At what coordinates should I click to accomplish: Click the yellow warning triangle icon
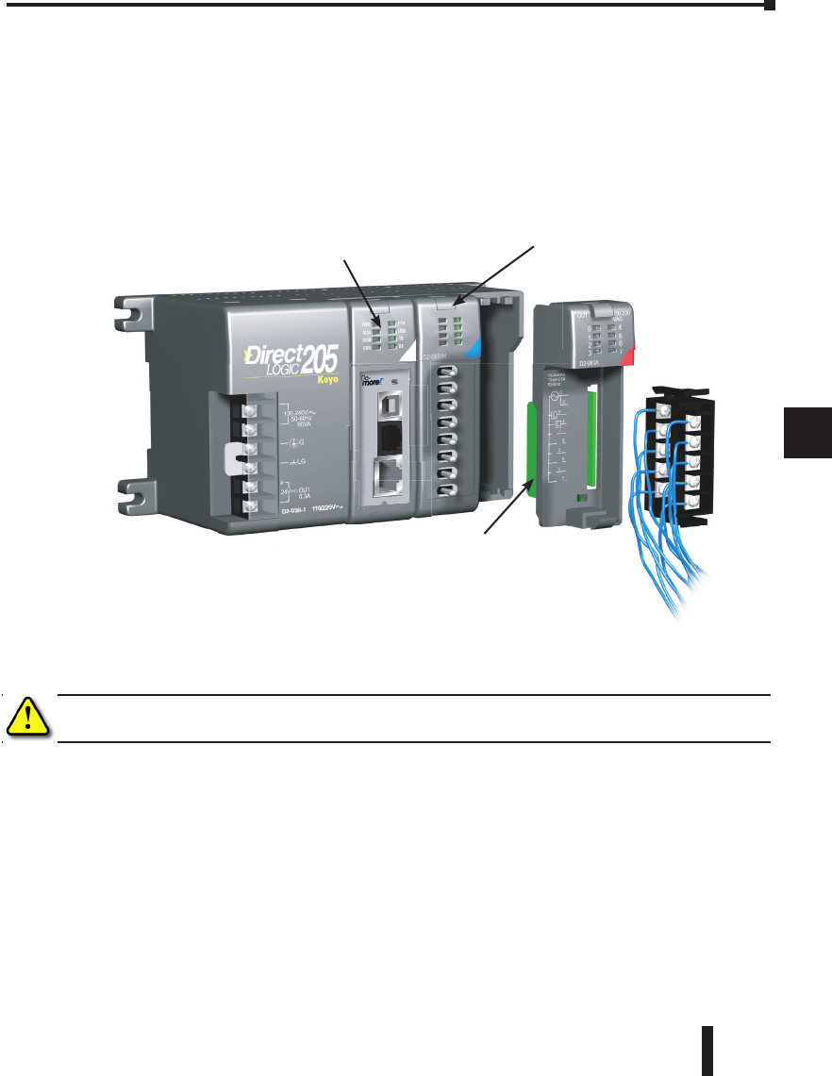[x=28, y=719]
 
